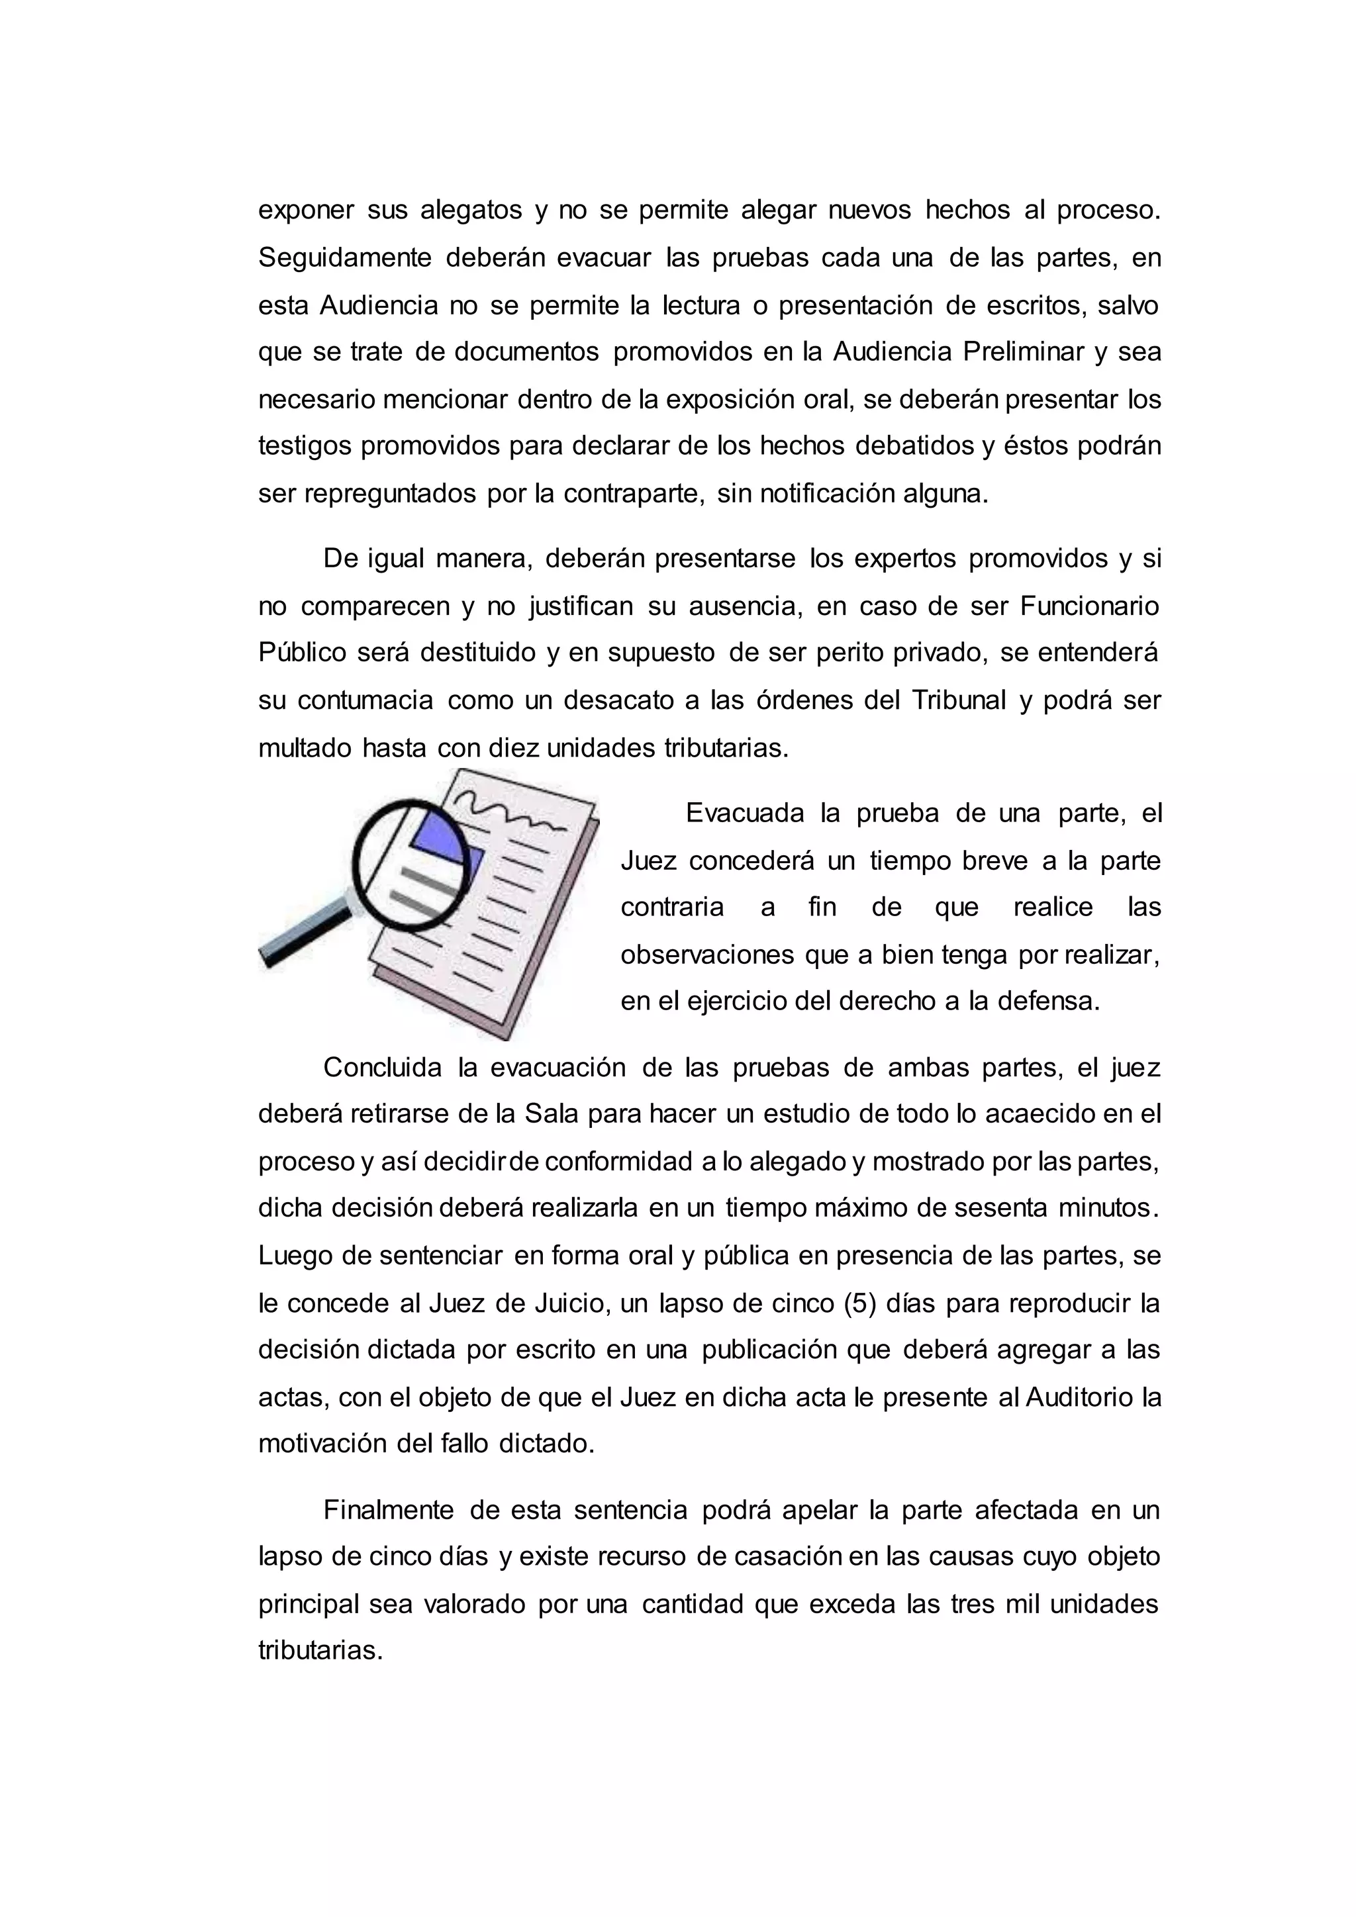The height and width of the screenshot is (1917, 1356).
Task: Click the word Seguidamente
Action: (344, 258)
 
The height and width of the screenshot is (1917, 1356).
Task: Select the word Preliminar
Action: (1023, 352)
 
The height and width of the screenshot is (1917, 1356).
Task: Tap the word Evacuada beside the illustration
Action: (745, 814)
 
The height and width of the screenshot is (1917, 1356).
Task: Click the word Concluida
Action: (383, 1068)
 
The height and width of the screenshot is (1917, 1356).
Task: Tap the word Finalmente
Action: (388, 1511)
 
